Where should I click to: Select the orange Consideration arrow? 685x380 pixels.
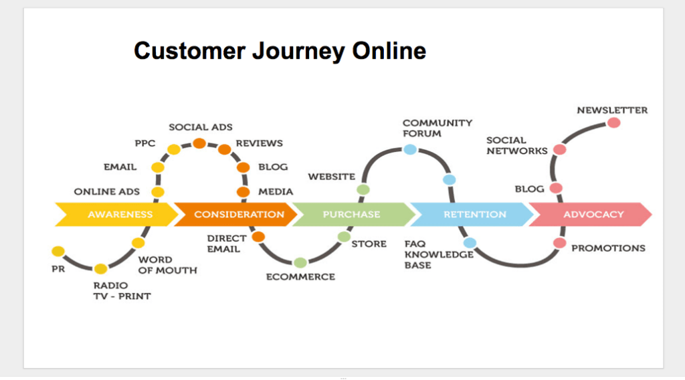click(237, 215)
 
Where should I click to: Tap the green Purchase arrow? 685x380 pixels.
click(351, 215)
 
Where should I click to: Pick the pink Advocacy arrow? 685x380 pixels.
click(593, 215)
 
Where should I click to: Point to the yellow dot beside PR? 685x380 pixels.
click(58, 252)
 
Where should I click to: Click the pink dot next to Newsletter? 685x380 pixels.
click(613, 123)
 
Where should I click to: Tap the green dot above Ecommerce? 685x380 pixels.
click(300, 263)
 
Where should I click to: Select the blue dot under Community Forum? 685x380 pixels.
click(410, 149)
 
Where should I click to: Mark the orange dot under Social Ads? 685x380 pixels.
click(199, 142)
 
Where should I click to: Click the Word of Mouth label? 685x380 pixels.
click(167, 265)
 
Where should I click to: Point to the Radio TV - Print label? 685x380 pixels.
click(122, 290)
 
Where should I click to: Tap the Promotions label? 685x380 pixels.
click(607, 248)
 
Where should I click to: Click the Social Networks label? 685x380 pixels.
click(516, 145)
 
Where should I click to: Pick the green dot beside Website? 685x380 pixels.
click(363, 190)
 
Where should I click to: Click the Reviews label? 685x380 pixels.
click(259, 143)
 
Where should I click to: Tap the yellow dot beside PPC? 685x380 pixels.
click(173, 149)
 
